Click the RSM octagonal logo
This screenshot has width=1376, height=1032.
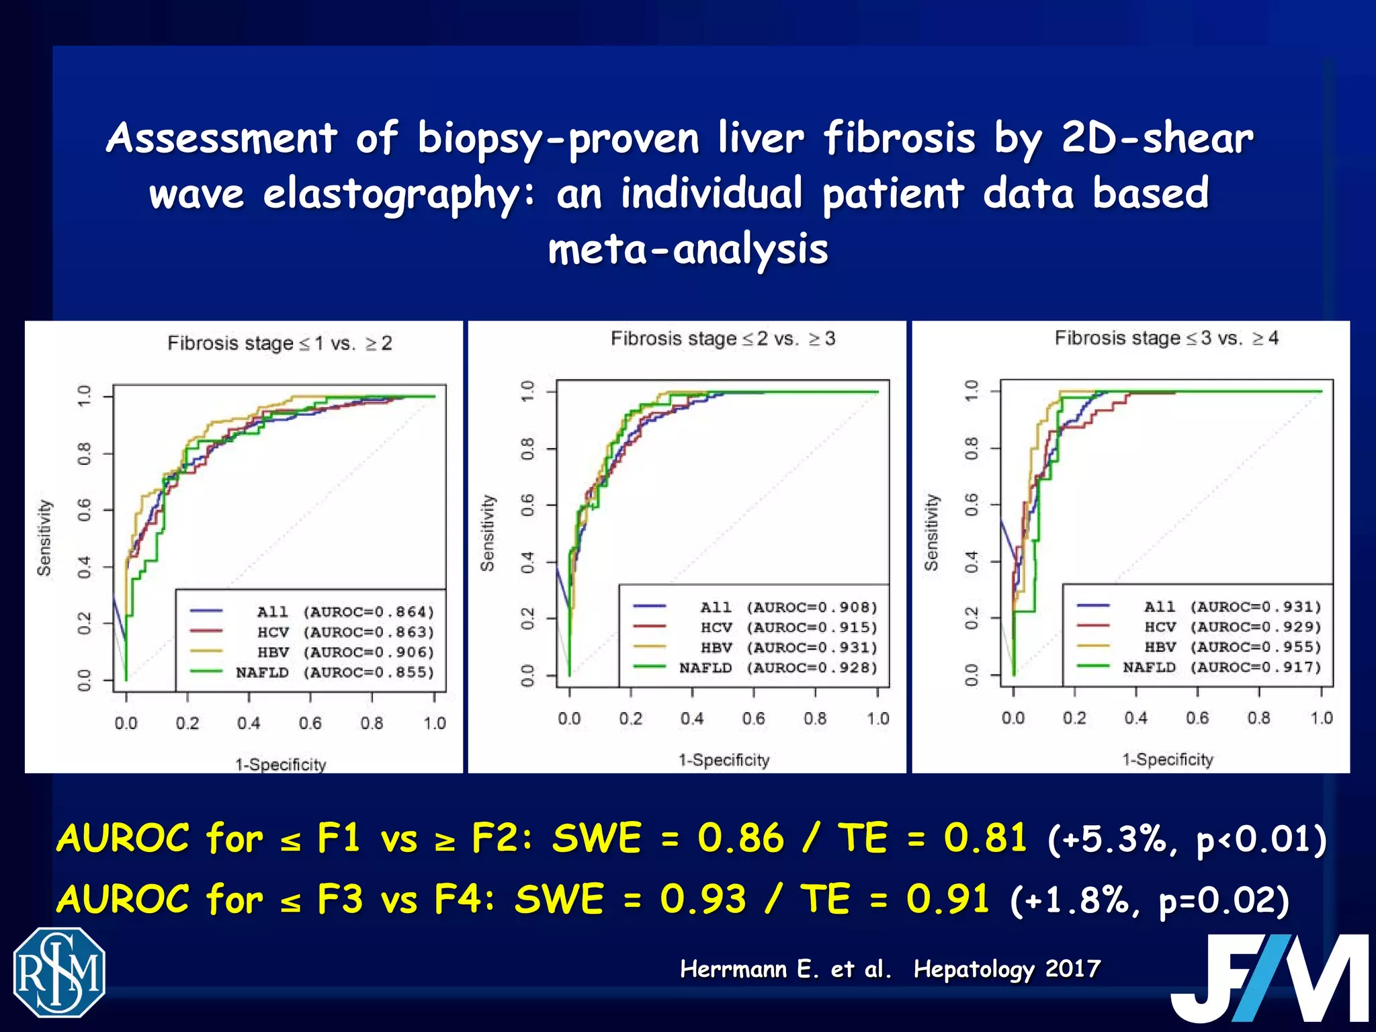[60, 972]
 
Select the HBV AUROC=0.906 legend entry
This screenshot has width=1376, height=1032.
[335, 652]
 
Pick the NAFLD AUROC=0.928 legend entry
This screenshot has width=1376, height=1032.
[778, 668]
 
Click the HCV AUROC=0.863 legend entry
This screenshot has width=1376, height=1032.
[335, 632]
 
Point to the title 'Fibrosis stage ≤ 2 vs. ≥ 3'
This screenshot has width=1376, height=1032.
[723, 339]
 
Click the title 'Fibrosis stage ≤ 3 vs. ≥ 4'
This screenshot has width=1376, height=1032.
[1166, 338]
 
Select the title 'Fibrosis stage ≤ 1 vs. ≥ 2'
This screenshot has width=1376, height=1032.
[279, 343]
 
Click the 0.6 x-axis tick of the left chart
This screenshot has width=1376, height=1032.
[310, 723]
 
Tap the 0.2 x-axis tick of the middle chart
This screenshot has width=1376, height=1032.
[631, 718]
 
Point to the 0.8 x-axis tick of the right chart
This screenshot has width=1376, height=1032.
[1259, 718]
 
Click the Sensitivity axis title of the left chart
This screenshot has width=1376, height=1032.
[44, 537]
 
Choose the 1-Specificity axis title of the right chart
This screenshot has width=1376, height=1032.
[1168, 759]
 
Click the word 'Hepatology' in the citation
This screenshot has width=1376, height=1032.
[974, 969]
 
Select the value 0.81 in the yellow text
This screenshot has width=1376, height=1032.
[985, 838]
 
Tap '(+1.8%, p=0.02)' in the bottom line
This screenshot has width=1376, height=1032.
[1149, 900]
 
